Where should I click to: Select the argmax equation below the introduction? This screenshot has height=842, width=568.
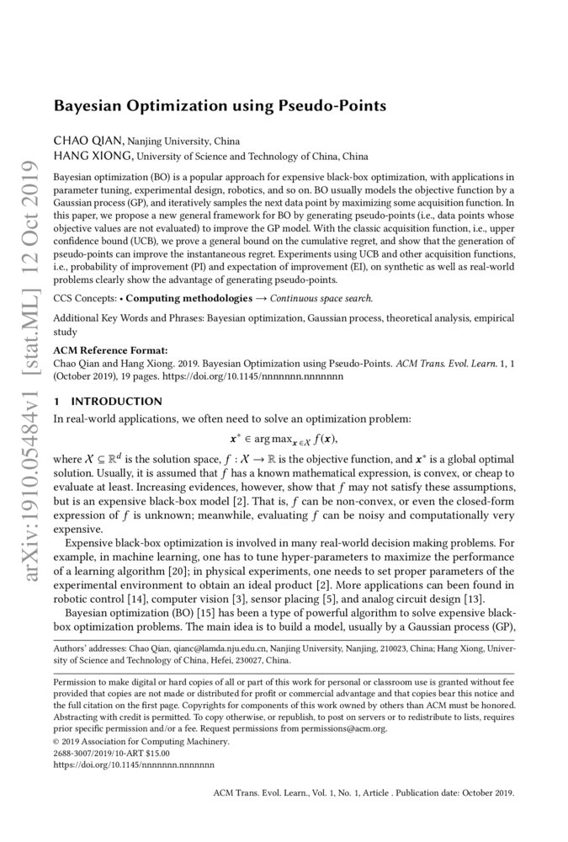[x=284, y=438]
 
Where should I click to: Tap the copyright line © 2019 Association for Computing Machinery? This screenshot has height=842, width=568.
[x=141, y=743]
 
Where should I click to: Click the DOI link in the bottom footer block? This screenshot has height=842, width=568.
[x=134, y=765]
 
